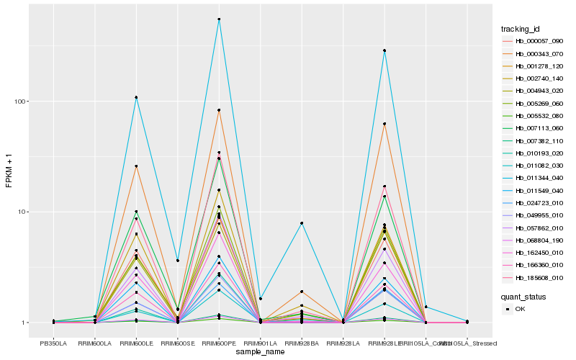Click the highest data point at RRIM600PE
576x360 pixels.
click(x=219, y=19)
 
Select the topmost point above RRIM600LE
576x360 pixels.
click(x=136, y=97)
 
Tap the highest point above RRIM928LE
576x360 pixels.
click(x=385, y=50)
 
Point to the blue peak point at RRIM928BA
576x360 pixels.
click(x=302, y=223)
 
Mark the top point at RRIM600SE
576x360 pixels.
click(x=178, y=260)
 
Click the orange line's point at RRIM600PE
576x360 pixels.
click(x=219, y=110)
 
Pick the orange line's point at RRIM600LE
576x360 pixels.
click(x=136, y=166)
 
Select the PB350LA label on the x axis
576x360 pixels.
click(x=53, y=344)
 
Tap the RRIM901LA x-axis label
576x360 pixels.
click(x=261, y=344)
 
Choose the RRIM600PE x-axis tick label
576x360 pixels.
click(x=219, y=344)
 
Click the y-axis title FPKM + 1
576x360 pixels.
click(x=9, y=171)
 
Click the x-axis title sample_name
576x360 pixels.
click(x=260, y=353)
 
